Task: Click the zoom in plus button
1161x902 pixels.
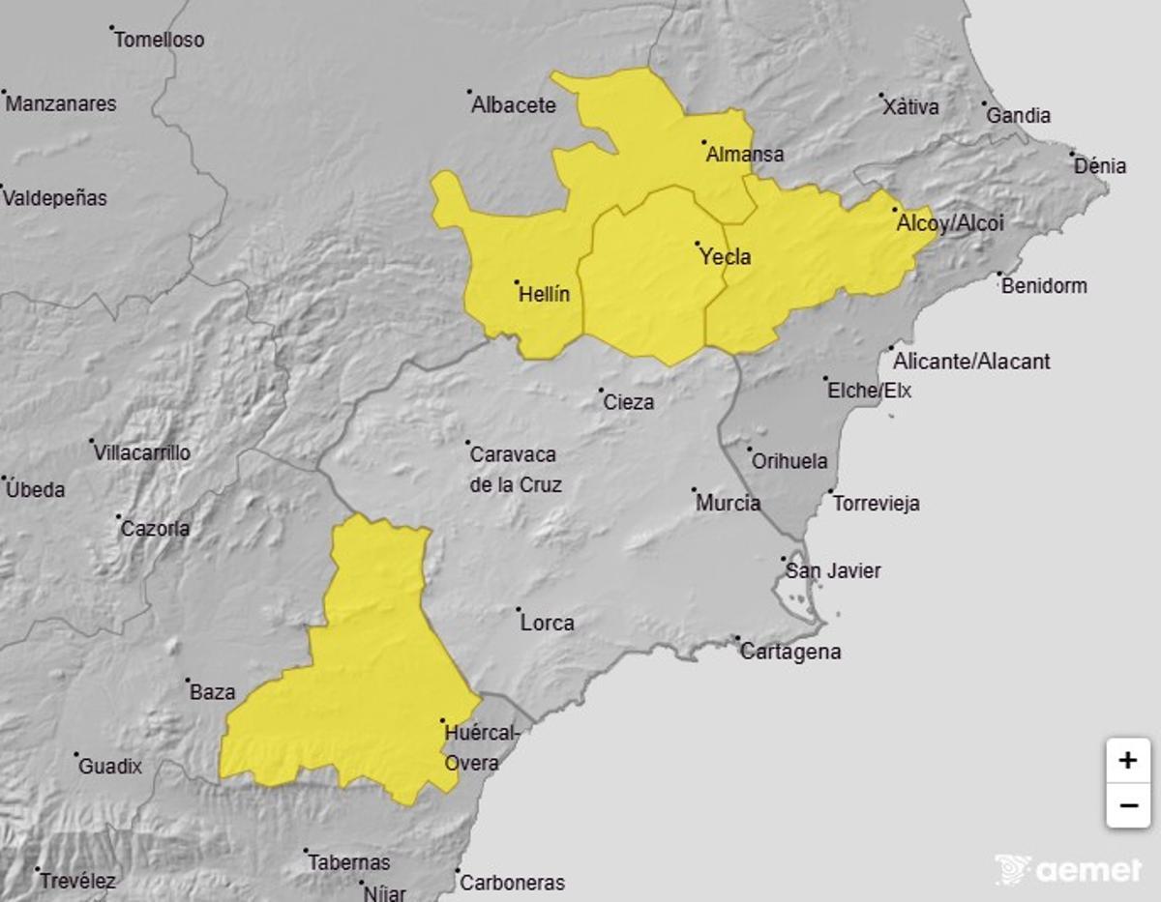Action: (x=1127, y=761)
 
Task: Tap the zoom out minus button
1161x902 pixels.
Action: (x=1127, y=805)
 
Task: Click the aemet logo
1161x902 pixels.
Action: (x=1068, y=869)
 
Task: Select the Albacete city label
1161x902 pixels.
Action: (x=514, y=105)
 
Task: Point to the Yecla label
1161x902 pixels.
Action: (x=726, y=257)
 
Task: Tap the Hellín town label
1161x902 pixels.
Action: (x=545, y=295)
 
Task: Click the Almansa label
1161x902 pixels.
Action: (x=745, y=155)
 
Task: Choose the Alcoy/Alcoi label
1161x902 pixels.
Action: (x=950, y=223)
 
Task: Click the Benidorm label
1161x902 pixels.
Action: (x=1044, y=286)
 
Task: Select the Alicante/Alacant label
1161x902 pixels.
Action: (x=971, y=362)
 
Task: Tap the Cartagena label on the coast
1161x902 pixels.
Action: (x=790, y=652)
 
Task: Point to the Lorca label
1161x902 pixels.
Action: (x=548, y=624)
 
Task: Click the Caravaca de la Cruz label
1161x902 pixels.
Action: (x=515, y=469)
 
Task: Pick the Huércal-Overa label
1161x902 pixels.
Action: (x=482, y=748)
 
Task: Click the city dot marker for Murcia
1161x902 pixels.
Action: (x=695, y=490)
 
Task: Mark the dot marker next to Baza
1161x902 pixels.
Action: (x=188, y=680)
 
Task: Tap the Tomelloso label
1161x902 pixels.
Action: (x=160, y=41)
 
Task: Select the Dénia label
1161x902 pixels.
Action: (x=1101, y=166)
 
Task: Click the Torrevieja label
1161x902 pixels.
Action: (x=877, y=504)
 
